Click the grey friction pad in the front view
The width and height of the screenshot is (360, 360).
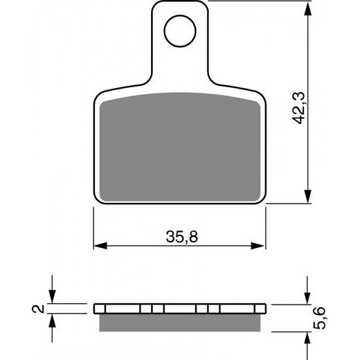coord(180,149)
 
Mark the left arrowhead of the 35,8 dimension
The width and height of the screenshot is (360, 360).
coord(98,245)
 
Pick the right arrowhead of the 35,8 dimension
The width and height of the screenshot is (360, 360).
coord(261,245)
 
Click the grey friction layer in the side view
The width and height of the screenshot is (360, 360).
coord(180,320)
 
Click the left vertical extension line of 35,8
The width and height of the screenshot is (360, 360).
coord(93,228)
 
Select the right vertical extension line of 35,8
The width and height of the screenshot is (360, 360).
coord(267,228)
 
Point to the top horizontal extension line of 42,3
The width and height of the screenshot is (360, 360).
coord(263,1)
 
